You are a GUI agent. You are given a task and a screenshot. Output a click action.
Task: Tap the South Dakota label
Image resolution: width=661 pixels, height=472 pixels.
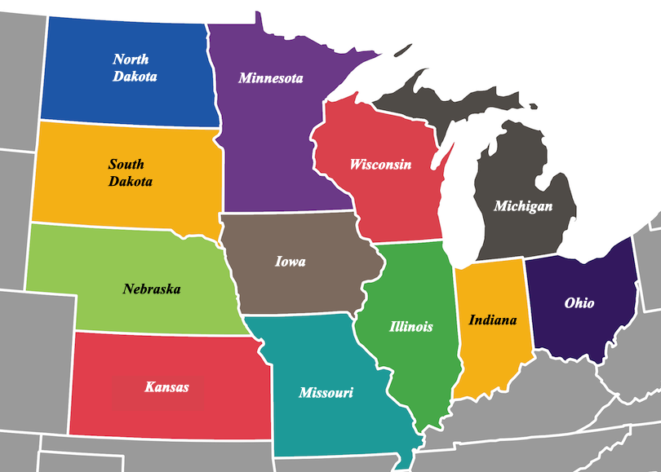click(x=131, y=173)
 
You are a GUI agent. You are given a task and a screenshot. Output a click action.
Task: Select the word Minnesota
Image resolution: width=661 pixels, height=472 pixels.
click(x=271, y=78)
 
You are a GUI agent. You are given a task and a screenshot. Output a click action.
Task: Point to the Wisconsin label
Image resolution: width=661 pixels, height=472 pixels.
click(x=380, y=165)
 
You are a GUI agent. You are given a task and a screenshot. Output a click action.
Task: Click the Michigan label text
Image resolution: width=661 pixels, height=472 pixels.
click(x=523, y=206)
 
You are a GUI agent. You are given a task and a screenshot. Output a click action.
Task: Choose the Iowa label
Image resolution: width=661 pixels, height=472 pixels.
click(x=291, y=262)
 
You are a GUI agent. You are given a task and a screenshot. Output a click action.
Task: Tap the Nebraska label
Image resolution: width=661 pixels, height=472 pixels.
click(x=152, y=289)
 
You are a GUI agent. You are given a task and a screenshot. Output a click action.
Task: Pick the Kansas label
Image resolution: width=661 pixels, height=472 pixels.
click(x=166, y=386)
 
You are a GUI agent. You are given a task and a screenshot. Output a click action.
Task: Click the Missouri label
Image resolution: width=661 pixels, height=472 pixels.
click(x=326, y=393)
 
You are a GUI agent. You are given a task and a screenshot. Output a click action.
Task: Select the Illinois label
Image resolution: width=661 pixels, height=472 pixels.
click(x=410, y=327)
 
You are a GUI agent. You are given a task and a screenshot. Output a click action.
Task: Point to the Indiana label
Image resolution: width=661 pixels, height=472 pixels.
click(x=492, y=320)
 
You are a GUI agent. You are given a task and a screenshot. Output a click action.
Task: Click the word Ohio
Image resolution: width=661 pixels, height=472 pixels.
click(x=579, y=303)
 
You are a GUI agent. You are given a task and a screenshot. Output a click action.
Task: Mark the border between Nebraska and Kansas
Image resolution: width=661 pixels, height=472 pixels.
click(x=163, y=333)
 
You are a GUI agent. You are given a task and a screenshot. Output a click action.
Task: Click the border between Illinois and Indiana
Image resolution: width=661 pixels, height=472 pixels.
click(x=456, y=326)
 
